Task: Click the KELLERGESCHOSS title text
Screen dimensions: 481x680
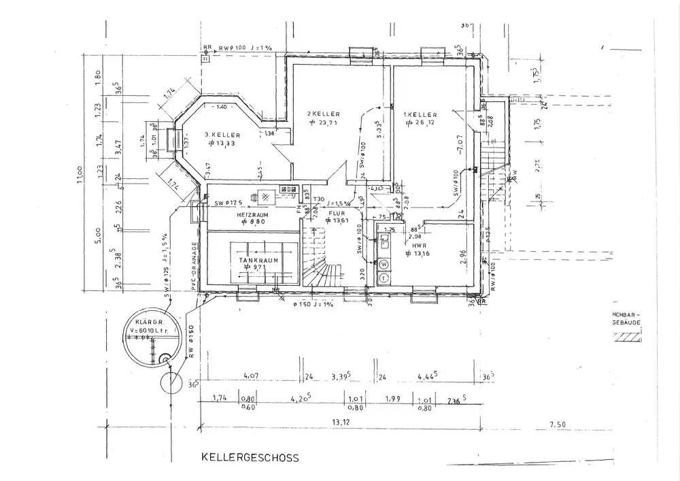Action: pos(249,459)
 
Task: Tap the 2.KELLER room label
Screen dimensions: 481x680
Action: pos(323,113)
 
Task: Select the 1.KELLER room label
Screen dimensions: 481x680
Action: pos(420,115)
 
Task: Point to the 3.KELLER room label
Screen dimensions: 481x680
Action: pos(223,135)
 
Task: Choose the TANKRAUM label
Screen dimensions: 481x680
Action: pos(252,260)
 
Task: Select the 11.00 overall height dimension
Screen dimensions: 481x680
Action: pos(80,178)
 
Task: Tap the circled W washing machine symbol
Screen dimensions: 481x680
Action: pos(384,264)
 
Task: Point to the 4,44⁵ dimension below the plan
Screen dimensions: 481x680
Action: pos(427,375)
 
